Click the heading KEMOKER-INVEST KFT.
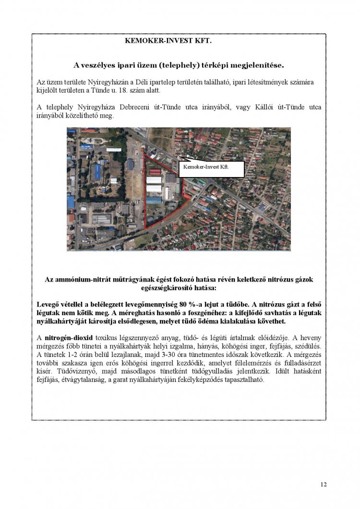click(x=168, y=42)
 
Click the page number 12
click(x=324, y=484)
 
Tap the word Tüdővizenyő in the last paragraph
click(x=56, y=372)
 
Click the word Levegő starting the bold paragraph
click(x=49, y=305)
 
